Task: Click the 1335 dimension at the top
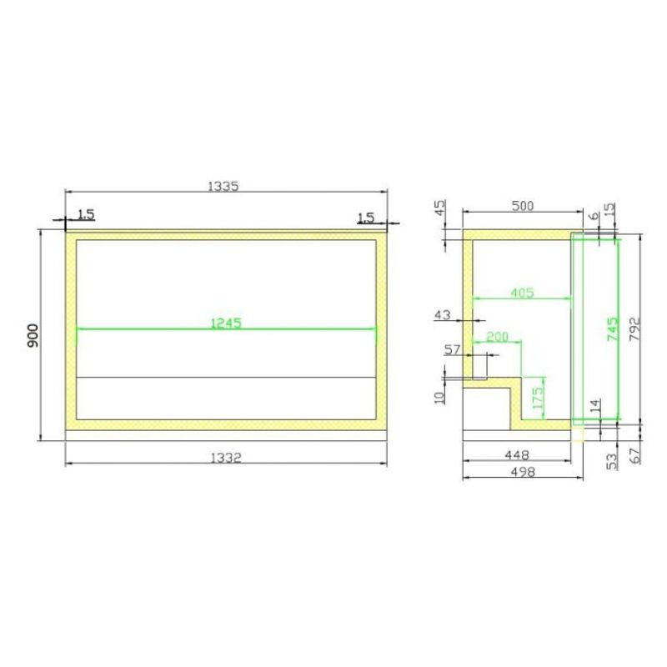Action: tap(223, 186)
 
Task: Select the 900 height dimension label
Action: tap(33, 335)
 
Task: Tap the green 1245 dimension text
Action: tap(226, 323)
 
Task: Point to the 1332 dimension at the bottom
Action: tap(226, 458)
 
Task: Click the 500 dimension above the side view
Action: tap(523, 206)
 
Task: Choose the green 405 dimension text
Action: tap(522, 293)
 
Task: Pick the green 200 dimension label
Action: tap(497, 337)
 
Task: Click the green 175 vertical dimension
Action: tap(538, 398)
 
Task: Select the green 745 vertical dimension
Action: tap(613, 328)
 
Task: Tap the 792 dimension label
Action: tap(634, 328)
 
